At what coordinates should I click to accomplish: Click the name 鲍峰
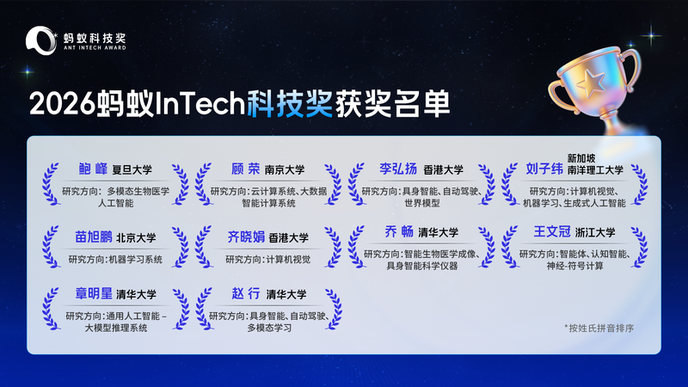coord(93,169)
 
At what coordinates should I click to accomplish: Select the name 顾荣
coord(246,169)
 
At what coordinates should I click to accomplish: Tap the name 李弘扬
coord(398,169)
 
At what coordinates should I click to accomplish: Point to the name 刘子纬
coord(544,169)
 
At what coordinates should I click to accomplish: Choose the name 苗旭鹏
coord(94,237)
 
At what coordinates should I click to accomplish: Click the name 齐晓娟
coord(246,237)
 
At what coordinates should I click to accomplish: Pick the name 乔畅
coord(399,231)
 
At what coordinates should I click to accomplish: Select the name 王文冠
coord(552,231)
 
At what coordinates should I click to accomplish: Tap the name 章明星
coord(94,293)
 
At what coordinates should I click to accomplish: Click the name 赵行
coord(246,293)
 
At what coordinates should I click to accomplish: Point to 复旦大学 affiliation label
coord(132,169)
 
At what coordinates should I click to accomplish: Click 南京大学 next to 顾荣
coord(285,169)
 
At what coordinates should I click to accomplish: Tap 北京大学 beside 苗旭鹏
coord(136,238)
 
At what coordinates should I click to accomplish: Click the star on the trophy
coord(592,82)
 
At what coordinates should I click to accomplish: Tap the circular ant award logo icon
coord(41,40)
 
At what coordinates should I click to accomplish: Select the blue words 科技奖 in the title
coord(290,104)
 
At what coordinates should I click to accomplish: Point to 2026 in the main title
coord(62,105)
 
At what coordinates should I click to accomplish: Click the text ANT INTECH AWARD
coord(95,48)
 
